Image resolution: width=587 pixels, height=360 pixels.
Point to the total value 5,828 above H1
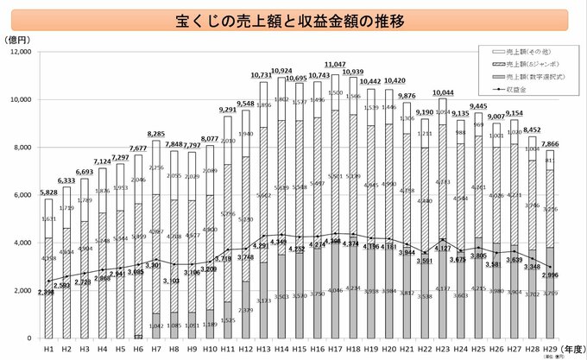[49, 192]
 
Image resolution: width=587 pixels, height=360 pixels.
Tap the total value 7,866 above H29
[547, 144]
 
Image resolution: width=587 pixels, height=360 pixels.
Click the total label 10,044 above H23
[441, 92]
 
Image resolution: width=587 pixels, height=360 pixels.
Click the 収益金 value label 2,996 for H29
[549, 275]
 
